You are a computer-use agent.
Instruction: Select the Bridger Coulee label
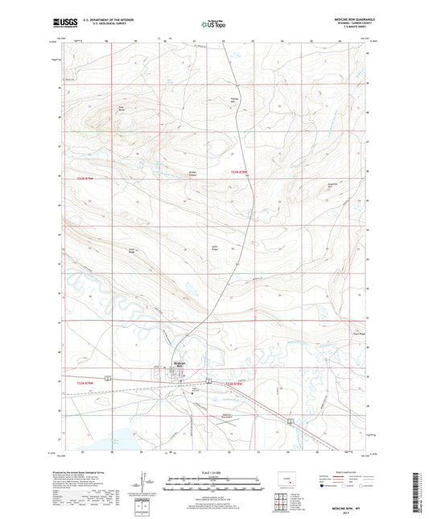coord(193,173)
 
